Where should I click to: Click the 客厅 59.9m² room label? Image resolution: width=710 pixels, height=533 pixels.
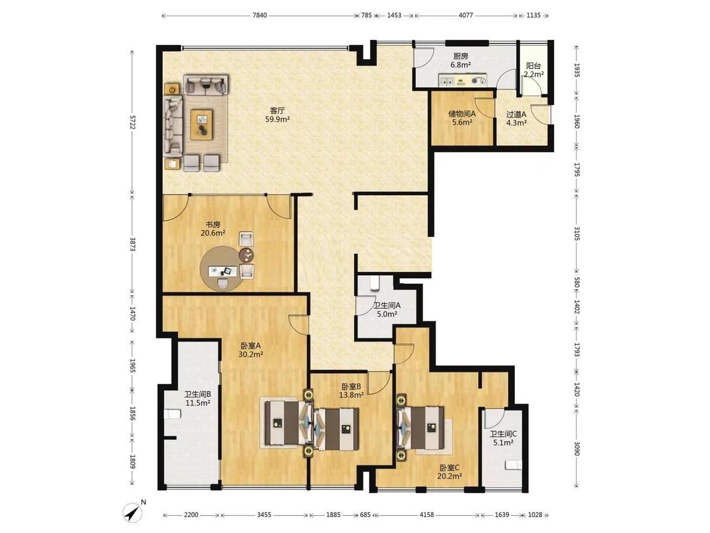coord(277,115)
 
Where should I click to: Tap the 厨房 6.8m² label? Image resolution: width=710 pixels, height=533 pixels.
coord(461,61)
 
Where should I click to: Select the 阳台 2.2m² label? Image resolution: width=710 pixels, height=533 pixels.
coord(533,70)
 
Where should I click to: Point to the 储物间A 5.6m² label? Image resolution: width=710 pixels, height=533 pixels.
coord(462,118)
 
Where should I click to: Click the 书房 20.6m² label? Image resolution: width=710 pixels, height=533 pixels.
coord(213,229)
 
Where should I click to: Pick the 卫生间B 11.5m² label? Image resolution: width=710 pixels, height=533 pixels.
coord(198,398)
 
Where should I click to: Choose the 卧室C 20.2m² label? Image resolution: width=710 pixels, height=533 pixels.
coord(449,472)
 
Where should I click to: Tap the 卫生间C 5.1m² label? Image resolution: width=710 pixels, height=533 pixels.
coord(503,438)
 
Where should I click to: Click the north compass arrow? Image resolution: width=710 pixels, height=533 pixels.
coord(133,513)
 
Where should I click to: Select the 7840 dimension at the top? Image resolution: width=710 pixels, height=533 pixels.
coord(259,15)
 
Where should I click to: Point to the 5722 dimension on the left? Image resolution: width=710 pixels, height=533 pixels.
coord(133,121)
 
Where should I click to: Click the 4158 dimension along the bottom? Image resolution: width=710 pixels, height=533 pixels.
coord(427,515)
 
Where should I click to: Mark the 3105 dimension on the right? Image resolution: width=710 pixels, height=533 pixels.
coord(576,233)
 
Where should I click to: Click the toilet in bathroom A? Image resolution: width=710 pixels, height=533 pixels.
coord(374,283)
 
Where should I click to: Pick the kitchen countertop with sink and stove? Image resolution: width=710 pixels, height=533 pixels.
coord(463,81)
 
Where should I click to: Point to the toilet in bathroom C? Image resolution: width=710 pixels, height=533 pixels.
coord(514,465)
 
